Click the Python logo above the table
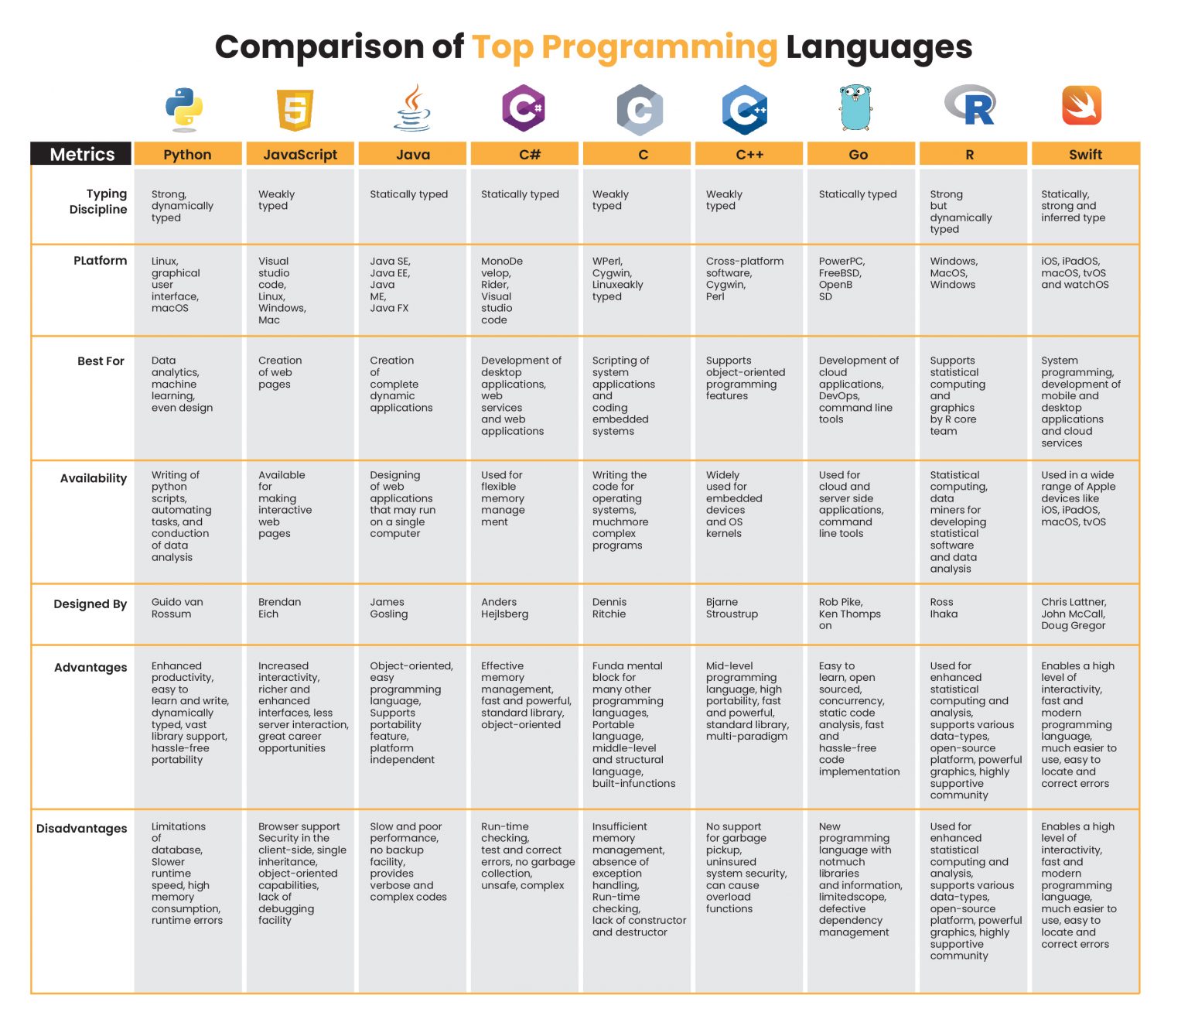[184, 108]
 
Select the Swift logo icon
[1081, 106]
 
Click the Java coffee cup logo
[412, 108]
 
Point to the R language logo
[970, 106]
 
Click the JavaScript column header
[300, 155]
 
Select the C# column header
[529, 155]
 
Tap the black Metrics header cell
[82, 155]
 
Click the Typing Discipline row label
[98, 202]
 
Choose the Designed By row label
[90, 604]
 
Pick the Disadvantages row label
[81, 829]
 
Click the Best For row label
[101, 361]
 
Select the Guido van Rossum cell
[177, 608]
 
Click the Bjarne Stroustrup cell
[731, 608]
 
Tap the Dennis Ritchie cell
[609, 608]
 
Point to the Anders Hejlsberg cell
[504, 608]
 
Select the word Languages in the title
[879, 47]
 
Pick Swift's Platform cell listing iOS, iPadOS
[1074, 273]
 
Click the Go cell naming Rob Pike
[849, 614]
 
